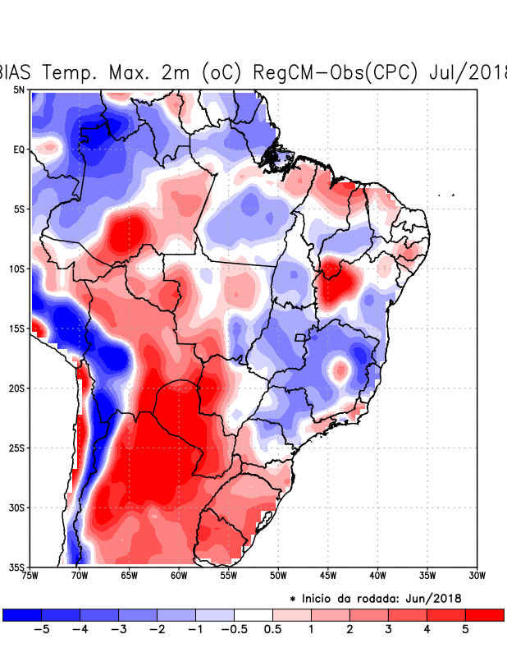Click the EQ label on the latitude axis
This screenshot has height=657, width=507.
pyautogui.click(x=18, y=149)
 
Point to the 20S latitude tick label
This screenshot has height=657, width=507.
pyautogui.click(x=16, y=388)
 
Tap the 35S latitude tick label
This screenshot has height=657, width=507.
pyautogui.click(x=16, y=567)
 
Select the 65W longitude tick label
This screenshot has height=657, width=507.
pyautogui.click(x=129, y=577)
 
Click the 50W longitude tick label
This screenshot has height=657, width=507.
pyautogui.click(x=278, y=577)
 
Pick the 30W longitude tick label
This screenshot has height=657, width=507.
pyautogui.click(x=477, y=577)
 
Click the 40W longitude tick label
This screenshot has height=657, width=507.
pyautogui.click(x=377, y=577)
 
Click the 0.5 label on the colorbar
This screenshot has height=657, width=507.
pyautogui.click(x=272, y=631)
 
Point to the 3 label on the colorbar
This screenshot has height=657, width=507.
pyautogui.click(x=388, y=631)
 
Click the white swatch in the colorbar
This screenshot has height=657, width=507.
pyautogui.click(x=253, y=614)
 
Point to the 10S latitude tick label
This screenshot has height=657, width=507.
pyautogui.click(x=16, y=269)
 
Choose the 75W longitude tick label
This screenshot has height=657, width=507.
pyautogui.click(x=31, y=577)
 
